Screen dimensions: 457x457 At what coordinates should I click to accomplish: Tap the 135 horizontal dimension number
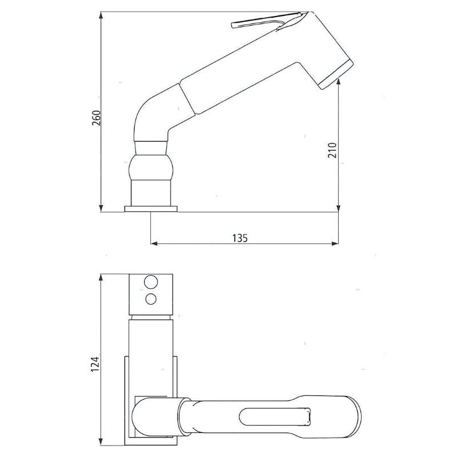240,238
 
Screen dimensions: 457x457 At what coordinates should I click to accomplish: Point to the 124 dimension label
95,363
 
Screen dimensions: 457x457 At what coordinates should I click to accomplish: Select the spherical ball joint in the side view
151,168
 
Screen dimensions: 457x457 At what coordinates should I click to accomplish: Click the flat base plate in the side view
151,209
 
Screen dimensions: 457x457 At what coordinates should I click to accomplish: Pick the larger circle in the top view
151,282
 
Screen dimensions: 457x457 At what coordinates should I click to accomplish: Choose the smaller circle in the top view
151,298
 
